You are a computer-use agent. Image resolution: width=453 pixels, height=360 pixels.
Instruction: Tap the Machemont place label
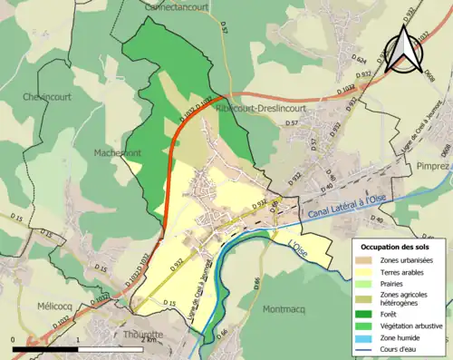pyautogui.click(x=118, y=153)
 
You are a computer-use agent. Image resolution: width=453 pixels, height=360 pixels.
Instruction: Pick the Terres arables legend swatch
pyautogui.click(x=366, y=269)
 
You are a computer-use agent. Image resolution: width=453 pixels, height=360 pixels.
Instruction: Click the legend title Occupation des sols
pyautogui.click(x=395, y=246)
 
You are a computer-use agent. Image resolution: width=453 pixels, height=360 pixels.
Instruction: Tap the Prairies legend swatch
pyautogui.click(x=366, y=281)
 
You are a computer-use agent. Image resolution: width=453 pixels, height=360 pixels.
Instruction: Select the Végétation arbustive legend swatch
pyautogui.click(x=366, y=320)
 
